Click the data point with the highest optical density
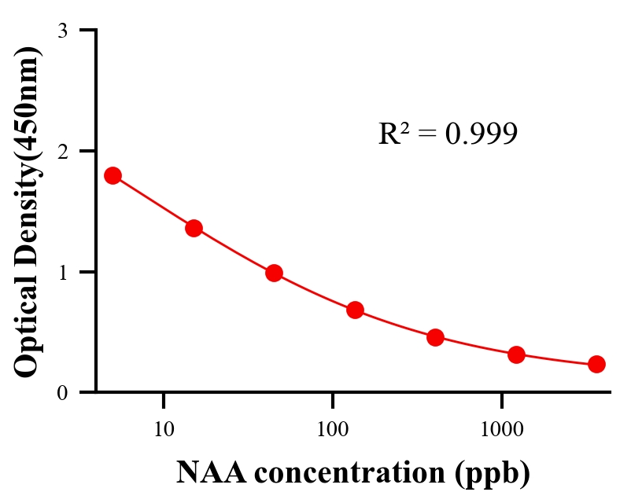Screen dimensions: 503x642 click(x=113, y=175)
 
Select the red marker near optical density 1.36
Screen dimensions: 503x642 click(x=194, y=229)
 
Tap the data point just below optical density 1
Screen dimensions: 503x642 click(x=274, y=273)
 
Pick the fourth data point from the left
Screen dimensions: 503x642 click(x=355, y=310)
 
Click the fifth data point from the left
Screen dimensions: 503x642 click(x=435, y=338)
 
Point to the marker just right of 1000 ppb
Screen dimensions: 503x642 click(x=516, y=354)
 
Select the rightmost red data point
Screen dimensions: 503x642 click(x=596, y=364)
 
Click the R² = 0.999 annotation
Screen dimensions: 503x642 click(x=448, y=134)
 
